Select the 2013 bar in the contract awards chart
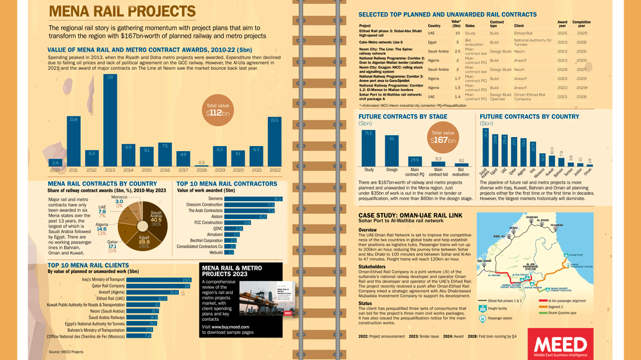pyautogui.click(x=110, y=122)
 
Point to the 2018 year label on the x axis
pyautogui.click(x=202, y=170)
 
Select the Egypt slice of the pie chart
pyautogui.click(x=142, y=240)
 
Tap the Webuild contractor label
pyautogui.click(x=215, y=252)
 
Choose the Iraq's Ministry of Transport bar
pyautogui.click(x=160, y=279)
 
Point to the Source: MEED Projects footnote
pyautogui.click(x=66, y=352)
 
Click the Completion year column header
pyautogui.click(x=582, y=24)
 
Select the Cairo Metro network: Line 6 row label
pyautogui.click(x=385, y=42)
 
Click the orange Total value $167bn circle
pyautogui.click(x=442, y=137)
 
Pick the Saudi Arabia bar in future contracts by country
pyautogui.click(x=486, y=147)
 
